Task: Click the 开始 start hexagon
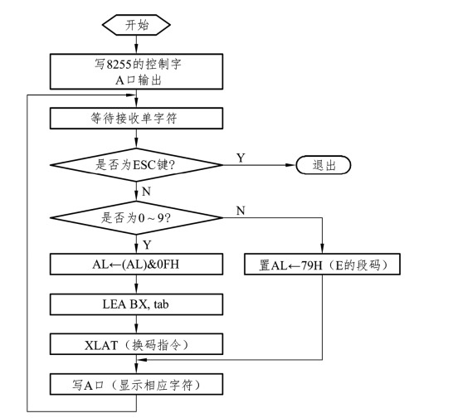coord(136,25)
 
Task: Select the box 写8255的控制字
coord(136,71)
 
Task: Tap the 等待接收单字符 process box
coord(136,118)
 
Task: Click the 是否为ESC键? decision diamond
coord(136,165)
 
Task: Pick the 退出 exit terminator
coord(324,165)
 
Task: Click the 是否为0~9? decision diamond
coord(136,217)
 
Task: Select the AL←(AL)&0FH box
coord(136,264)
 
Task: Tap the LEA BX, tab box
coord(136,304)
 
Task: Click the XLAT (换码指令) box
coord(136,344)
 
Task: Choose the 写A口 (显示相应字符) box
coord(136,384)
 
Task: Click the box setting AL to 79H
coord(322,264)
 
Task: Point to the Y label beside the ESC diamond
coord(241,158)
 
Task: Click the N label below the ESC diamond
coord(147,192)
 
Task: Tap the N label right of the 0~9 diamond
coord(241,211)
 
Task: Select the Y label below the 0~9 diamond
coord(147,245)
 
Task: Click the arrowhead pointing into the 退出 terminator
coord(291,165)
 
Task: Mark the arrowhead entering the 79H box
coord(322,248)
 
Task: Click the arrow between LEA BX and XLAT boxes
coord(136,324)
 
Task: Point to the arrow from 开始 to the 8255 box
coord(136,45)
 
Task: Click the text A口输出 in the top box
coord(138,80)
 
